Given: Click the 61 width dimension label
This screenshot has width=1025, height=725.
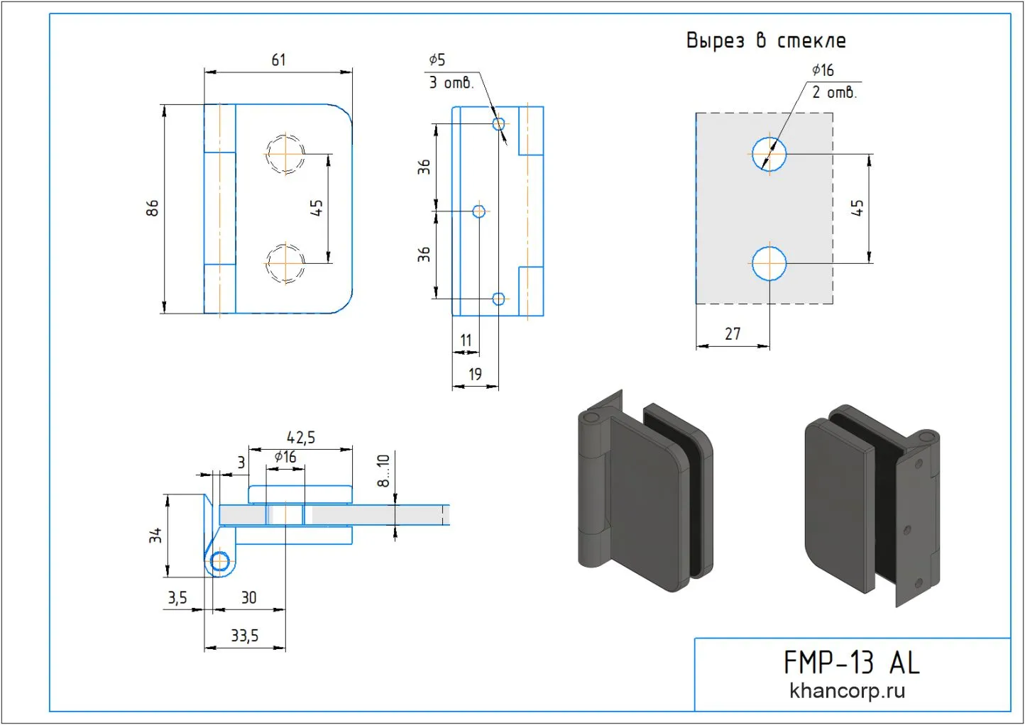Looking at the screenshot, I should point(278,60).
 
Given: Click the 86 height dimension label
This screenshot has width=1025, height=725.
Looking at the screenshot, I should point(153,208).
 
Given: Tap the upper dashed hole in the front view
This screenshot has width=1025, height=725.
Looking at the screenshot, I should point(285,153).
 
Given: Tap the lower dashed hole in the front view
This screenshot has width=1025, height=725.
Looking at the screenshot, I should point(285,263).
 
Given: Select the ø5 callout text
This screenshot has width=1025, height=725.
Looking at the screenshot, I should point(437,60).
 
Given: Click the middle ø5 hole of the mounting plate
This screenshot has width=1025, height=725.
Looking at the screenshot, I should point(479,211).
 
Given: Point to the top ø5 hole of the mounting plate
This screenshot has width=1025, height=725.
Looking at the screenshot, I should point(498,124).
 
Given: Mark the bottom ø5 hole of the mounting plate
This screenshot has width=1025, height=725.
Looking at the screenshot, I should point(498,299).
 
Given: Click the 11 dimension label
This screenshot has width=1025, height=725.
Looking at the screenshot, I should point(466,341).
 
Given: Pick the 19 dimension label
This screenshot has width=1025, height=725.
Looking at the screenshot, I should point(475,375).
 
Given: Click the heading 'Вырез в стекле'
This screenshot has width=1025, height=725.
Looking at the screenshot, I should point(766,40).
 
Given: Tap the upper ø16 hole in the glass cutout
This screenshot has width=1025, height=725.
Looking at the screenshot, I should point(769,154).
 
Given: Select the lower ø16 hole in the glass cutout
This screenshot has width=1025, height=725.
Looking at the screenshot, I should point(769,263).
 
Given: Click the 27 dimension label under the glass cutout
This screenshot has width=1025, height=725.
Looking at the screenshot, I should point(733,334).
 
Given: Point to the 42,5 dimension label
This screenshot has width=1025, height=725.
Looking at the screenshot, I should point(301,438).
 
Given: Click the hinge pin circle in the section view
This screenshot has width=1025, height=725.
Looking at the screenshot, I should point(220,562).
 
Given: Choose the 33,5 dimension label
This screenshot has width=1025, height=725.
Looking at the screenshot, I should point(244,636).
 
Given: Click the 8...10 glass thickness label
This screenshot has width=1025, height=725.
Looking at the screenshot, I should point(383,470).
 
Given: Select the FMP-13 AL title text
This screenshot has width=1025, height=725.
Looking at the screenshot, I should point(851,663).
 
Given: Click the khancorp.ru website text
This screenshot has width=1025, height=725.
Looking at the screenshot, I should point(847,691).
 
